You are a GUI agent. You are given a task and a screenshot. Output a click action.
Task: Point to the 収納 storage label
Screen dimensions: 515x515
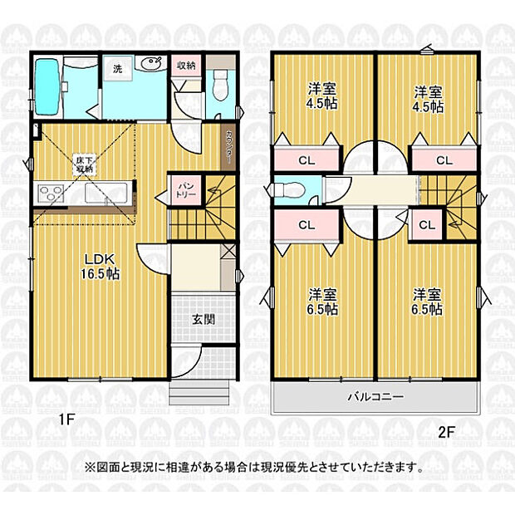(x=185, y=65)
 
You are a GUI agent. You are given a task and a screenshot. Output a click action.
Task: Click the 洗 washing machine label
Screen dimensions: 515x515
(x=117, y=69)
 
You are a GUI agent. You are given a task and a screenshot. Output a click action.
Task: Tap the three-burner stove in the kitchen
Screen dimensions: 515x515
(x=49, y=194)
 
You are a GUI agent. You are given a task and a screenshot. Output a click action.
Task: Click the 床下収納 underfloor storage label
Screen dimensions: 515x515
(x=85, y=163)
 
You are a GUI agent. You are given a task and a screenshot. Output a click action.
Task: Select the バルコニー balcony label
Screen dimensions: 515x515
(x=375, y=397)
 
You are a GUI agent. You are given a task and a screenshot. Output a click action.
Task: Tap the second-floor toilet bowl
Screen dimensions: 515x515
(x=285, y=189)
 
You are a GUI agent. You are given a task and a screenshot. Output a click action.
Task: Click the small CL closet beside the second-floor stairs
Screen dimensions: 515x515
(x=427, y=224)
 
